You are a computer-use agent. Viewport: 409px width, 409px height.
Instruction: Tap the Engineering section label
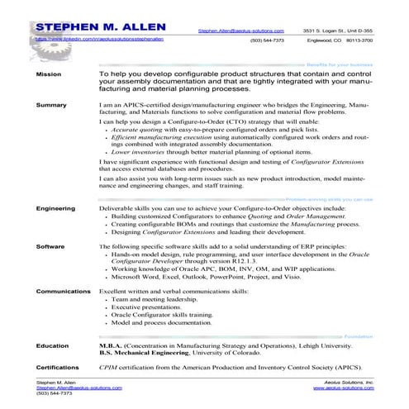(x=56, y=209)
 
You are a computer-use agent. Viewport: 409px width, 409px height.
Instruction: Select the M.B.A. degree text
(x=112, y=345)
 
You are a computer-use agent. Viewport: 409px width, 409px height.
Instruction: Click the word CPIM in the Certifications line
(x=108, y=364)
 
